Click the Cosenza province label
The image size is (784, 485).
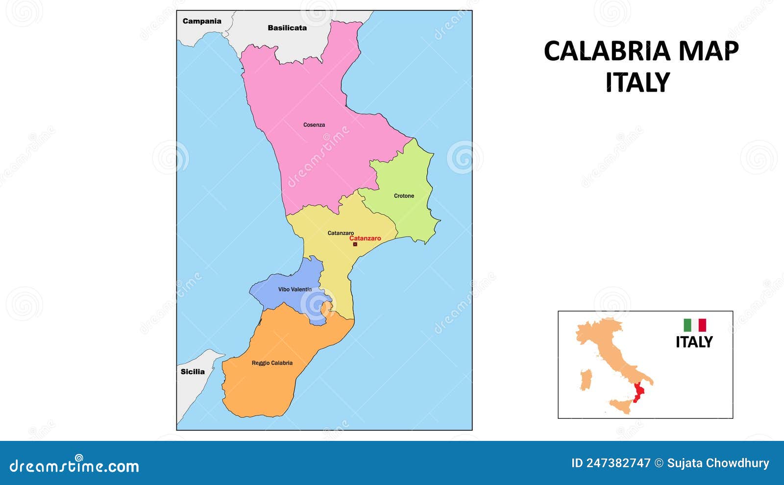[x=314, y=125]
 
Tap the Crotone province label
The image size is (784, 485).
[x=404, y=196]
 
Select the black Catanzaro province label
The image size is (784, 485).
[x=341, y=233]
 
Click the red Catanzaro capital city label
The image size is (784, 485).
[x=365, y=239]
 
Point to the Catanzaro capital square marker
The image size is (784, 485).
[x=355, y=244]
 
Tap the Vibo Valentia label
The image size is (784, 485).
[x=295, y=290]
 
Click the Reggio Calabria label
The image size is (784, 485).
[x=272, y=363]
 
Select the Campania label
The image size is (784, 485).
[x=202, y=21]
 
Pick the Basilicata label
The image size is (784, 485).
[x=287, y=28]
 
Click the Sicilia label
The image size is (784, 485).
[x=193, y=371]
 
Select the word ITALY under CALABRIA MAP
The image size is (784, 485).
[x=637, y=82]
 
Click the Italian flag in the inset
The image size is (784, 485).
[x=695, y=325]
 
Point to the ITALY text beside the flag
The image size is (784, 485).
[x=694, y=342]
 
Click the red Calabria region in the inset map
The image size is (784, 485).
[x=638, y=392]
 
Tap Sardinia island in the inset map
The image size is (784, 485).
[x=586, y=380]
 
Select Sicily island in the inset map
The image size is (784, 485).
[x=619, y=406]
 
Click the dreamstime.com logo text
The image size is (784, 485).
[x=74, y=466]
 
